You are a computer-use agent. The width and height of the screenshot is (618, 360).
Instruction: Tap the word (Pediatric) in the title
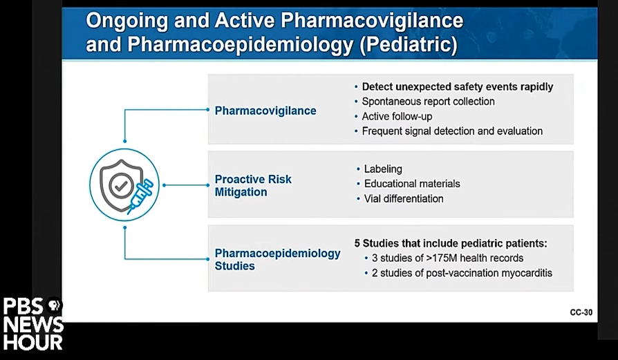[409, 44]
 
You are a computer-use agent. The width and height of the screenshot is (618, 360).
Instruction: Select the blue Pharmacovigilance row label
[265, 111]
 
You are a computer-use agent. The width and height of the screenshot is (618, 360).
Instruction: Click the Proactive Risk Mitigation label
[252, 185]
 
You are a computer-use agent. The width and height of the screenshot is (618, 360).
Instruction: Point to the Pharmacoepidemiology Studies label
[277, 259]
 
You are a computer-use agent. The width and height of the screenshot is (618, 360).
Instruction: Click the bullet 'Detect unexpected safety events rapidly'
[457, 86]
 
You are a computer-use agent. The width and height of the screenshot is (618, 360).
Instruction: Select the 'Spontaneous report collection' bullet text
[428, 102]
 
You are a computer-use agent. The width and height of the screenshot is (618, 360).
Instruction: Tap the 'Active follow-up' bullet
[397, 117]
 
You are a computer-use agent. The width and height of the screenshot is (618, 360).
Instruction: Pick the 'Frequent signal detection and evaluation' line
[452, 131]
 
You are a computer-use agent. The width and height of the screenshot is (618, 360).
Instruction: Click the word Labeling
[383, 169]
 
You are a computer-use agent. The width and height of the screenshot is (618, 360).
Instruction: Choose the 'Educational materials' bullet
[412, 184]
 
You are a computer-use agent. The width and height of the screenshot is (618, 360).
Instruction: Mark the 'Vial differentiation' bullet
[404, 198]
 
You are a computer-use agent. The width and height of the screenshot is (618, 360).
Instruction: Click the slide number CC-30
[581, 312]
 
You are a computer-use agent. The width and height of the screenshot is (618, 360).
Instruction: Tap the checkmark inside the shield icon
[121, 185]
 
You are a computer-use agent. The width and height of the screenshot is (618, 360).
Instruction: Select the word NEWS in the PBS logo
[33, 325]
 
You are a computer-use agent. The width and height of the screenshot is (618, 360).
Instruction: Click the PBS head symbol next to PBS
[54, 305]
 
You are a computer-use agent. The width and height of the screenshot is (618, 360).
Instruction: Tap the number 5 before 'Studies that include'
[357, 243]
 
